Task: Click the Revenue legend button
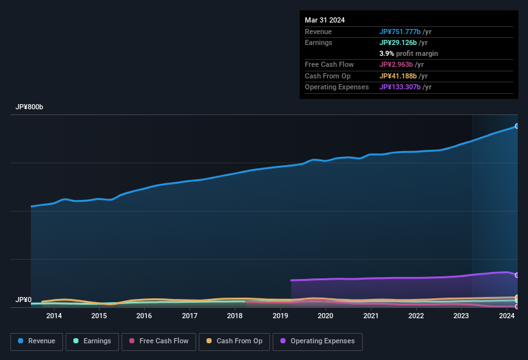(37, 341)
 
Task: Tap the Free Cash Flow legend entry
(159, 341)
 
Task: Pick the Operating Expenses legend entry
(317, 341)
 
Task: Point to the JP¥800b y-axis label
(29, 107)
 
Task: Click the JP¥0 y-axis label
(23, 300)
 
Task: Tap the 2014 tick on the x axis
(54, 316)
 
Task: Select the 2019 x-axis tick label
(280, 316)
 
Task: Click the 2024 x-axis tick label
(507, 316)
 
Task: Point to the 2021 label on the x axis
(371, 316)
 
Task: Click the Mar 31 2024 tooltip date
(325, 20)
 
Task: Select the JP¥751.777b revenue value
(399, 32)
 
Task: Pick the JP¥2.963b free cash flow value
(396, 64)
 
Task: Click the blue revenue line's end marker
(517, 126)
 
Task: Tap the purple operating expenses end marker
(517, 275)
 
